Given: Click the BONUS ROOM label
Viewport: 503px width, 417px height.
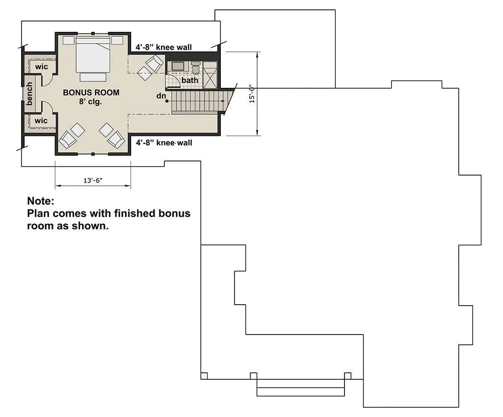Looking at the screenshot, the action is [x=91, y=93].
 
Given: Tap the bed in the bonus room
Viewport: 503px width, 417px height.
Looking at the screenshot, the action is [x=93, y=54].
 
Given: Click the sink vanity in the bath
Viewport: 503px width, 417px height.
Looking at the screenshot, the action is [x=177, y=66].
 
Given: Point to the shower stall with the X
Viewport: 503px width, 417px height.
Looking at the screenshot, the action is [x=210, y=75].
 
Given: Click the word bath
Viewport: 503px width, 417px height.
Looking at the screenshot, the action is [x=189, y=80].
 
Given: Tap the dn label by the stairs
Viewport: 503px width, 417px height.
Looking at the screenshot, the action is [x=161, y=96].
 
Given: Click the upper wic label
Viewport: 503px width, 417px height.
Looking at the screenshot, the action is [x=41, y=67].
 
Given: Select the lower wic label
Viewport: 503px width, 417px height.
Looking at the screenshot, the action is [x=41, y=121].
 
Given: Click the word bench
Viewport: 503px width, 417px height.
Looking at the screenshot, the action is [x=29, y=94].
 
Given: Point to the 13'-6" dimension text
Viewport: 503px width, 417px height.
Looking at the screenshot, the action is [x=93, y=180].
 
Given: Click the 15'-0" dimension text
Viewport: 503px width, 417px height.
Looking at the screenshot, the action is [x=252, y=93].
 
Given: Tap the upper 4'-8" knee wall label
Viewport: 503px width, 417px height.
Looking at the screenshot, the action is [x=163, y=47].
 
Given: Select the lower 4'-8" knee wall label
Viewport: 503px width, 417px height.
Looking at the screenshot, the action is [x=164, y=142].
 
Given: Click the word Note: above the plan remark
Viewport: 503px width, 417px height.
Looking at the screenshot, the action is [x=41, y=201].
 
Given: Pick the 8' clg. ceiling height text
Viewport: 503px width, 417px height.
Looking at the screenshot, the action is [x=90, y=102].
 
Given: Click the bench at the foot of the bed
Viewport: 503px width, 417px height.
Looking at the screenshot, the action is [x=93, y=77].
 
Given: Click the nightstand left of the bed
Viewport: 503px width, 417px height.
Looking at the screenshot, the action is [x=68, y=40].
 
